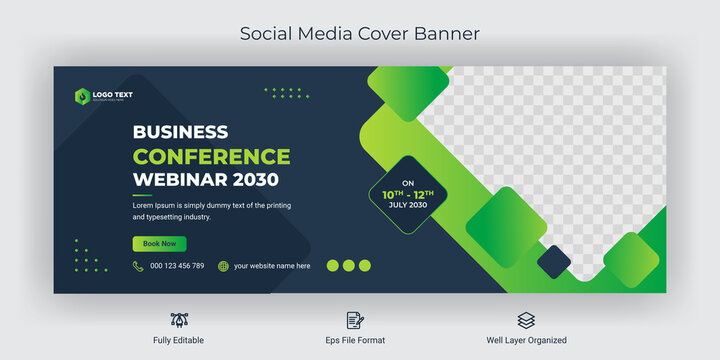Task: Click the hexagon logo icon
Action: pyautogui.click(x=81, y=96)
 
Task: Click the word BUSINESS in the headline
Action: pyautogui.click(x=180, y=132)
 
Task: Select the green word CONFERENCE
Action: pyautogui.click(x=211, y=156)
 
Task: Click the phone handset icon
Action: pyautogui.click(x=138, y=266)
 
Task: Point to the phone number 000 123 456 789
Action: pyautogui.click(x=177, y=266)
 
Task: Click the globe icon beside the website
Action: pyautogui.click(x=224, y=266)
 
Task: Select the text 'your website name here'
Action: pyautogui.click(x=272, y=266)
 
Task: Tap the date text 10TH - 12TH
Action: pyautogui.click(x=405, y=192)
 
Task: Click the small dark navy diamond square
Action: pyautogui.click(x=553, y=262)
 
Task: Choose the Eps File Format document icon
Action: pyautogui.click(x=355, y=320)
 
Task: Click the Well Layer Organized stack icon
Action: pyautogui.click(x=526, y=320)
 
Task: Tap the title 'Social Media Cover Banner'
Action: pyautogui.click(x=360, y=34)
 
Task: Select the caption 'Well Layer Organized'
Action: pyautogui.click(x=526, y=341)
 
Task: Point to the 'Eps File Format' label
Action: pyautogui.click(x=355, y=341)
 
